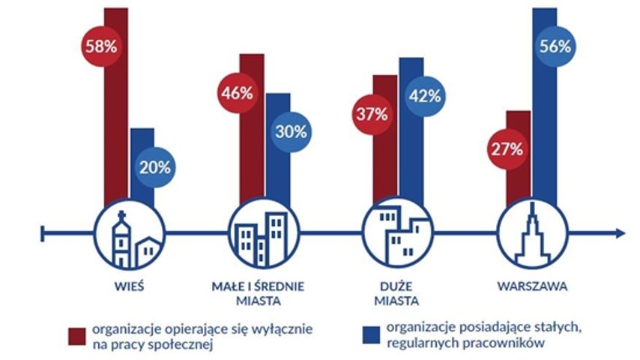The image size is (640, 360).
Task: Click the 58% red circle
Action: pos(100,46)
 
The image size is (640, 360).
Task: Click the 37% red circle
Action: pos(371,115)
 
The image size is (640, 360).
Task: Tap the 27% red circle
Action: pos(507,148)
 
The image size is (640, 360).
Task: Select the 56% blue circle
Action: pos(556,46)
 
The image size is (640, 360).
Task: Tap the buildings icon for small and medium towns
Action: pos(259,234)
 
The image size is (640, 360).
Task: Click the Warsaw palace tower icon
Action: pos(531,234)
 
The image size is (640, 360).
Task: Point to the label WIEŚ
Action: pos(128,286)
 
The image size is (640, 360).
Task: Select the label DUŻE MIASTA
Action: pos(397,293)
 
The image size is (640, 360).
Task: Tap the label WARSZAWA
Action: pos(531,286)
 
